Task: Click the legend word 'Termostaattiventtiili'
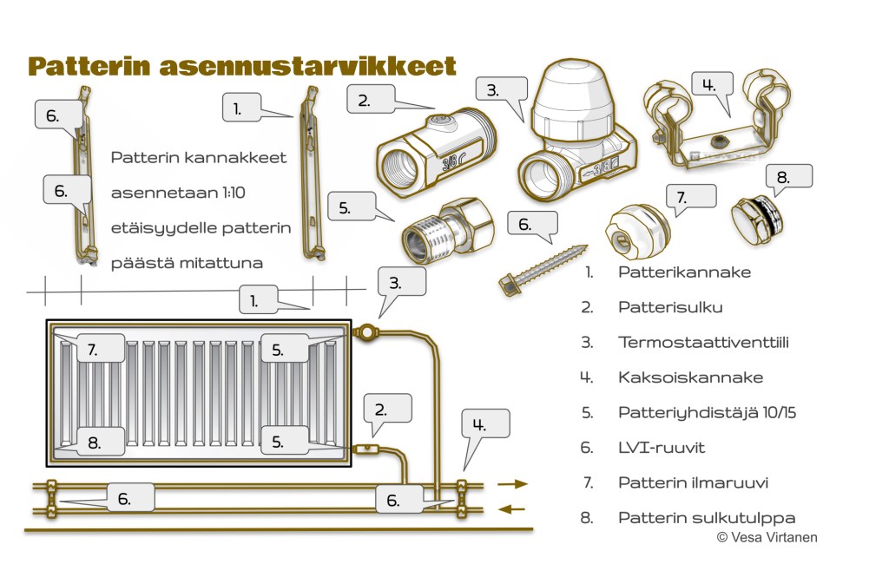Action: (x=703, y=342)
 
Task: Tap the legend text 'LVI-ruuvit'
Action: (x=661, y=448)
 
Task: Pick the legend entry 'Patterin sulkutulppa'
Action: (x=707, y=518)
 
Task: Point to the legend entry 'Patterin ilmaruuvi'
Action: (x=693, y=482)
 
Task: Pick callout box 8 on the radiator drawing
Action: (x=94, y=442)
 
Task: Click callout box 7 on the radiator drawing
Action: (x=92, y=350)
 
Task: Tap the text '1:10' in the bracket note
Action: (x=218, y=193)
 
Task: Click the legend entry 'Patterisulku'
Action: (x=669, y=306)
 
